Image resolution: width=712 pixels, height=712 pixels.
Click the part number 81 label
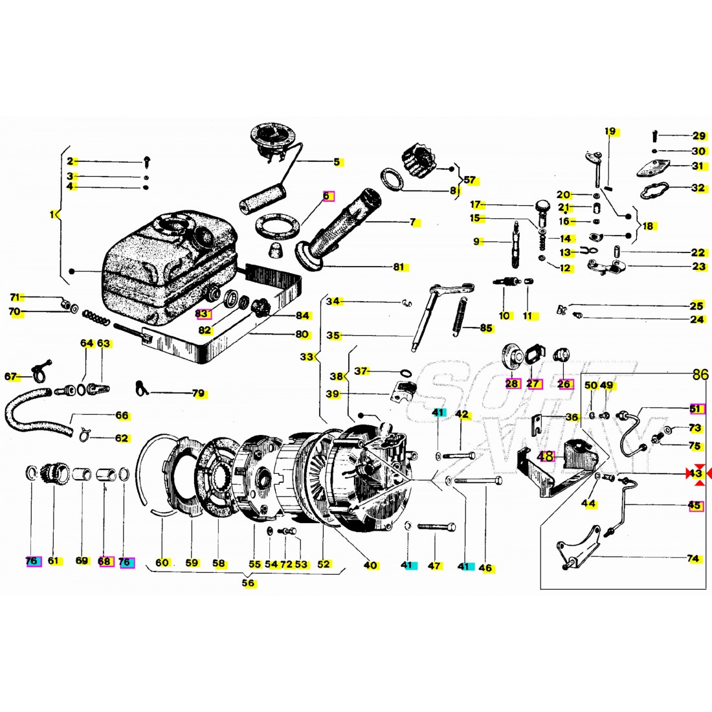(398, 267)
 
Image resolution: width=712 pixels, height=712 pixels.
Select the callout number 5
(337, 162)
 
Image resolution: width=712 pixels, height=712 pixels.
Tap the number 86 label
(700, 375)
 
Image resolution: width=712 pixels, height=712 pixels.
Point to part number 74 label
(693, 558)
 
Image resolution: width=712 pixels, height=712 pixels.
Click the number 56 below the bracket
(248, 583)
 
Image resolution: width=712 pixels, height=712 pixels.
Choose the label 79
(198, 393)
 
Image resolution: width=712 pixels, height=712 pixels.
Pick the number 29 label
(699, 136)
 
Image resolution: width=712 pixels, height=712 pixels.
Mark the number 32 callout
(698, 188)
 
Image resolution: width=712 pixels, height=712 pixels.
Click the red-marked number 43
(695, 474)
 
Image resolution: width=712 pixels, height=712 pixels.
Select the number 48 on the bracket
(548, 456)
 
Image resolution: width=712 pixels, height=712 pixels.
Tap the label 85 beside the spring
(486, 328)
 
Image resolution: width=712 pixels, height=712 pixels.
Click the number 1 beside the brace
(53, 214)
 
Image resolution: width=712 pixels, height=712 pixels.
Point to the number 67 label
(10, 377)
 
